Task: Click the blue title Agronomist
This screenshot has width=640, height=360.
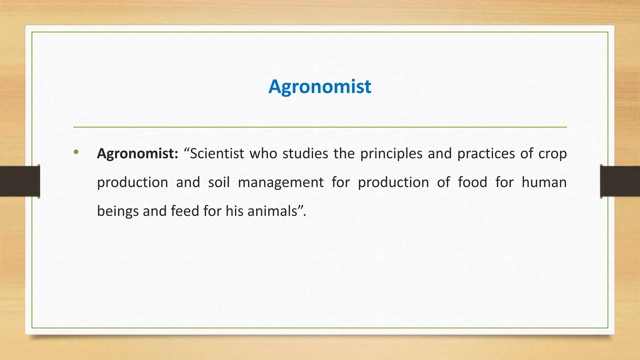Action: point(320,87)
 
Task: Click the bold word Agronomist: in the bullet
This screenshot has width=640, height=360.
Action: point(137,154)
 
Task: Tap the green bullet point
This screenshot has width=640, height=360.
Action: point(76,152)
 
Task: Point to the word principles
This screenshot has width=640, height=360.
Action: point(391,154)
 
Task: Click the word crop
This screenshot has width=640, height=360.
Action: point(552,154)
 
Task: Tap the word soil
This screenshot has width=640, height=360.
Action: point(219,182)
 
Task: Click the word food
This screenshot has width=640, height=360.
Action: point(472,182)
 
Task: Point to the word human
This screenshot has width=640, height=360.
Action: point(544,182)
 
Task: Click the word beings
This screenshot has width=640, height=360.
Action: point(118,211)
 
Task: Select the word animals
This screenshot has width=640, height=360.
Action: point(272,211)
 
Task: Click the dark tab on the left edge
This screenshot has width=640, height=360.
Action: point(20,181)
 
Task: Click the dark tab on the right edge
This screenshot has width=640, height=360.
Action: point(620,181)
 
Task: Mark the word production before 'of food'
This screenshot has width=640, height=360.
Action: point(393,182)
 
